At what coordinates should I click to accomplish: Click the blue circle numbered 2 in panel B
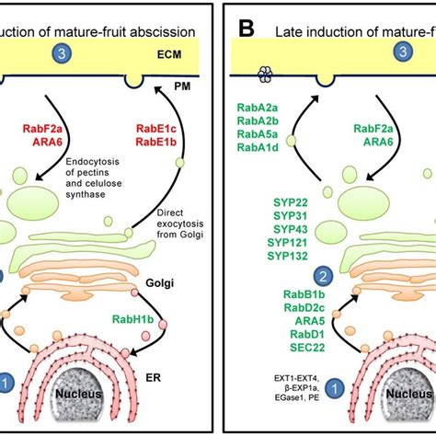pos(322,275)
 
